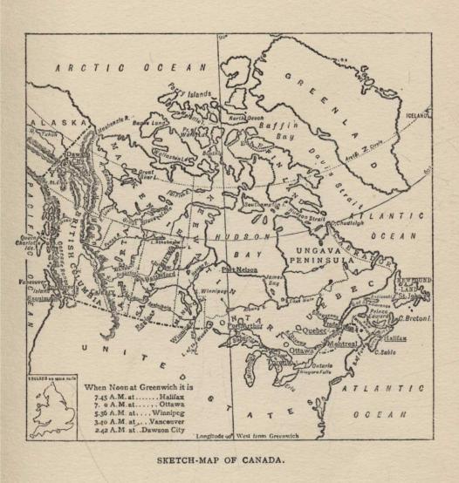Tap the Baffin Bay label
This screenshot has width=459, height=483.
[278, 133]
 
